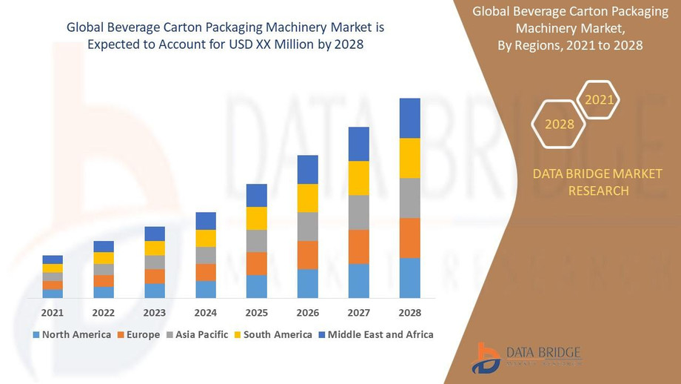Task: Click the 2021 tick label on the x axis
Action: tap(53, 313)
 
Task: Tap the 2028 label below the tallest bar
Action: tap(409, 313)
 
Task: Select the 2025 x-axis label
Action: tap(256, 313)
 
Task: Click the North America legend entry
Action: tap(72, 335)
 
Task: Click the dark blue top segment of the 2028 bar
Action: tap(409, 118)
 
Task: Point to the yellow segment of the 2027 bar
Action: tap(358, 178)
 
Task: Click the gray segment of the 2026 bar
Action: tap(307, 226)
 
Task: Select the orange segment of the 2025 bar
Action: tap(256, 263)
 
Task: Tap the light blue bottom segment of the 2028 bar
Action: tap(409, 278)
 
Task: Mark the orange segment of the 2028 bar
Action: tap(409, 238)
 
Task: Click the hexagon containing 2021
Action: tap(598, 99)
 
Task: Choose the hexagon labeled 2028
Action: tap(560, 125)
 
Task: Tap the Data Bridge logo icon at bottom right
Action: tap(486, 358)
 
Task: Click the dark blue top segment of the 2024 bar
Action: tap(205, 221)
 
